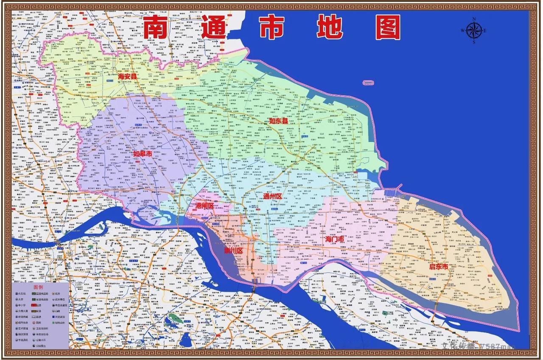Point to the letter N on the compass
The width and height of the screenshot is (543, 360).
474,19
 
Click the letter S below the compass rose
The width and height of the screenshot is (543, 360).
474,42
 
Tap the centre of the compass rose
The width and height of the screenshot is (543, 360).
473,31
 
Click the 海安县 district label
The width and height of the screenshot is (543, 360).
128,77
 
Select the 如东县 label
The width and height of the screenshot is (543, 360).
279,121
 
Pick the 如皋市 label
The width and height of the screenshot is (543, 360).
143,154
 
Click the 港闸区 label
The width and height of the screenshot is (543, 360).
204,205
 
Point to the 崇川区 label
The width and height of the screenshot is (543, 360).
233,251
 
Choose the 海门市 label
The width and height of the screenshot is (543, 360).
335,239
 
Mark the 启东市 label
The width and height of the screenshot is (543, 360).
439,267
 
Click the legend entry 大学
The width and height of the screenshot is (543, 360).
20,299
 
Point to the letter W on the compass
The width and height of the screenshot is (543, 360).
462,31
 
